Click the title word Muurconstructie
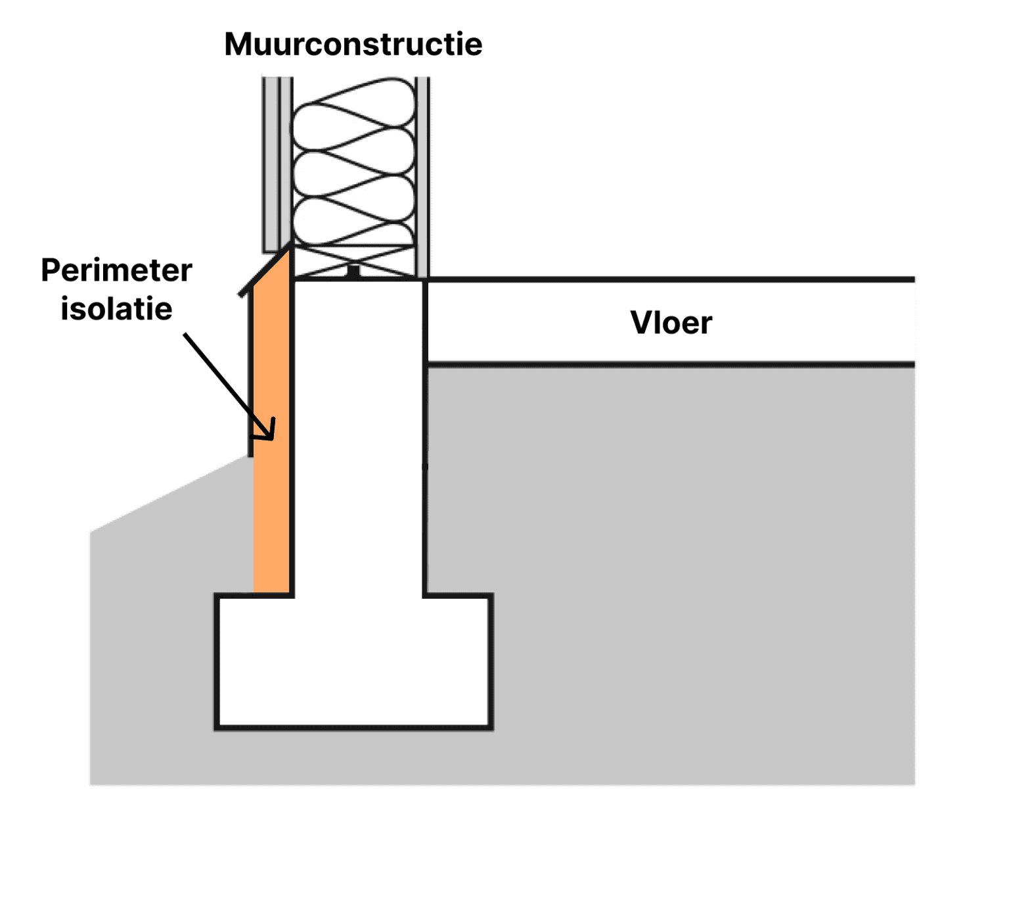pos(353,45)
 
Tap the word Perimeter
pos(116,270)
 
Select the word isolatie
pos(116,308)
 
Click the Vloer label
pos(671,323)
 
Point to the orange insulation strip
pos(271,513)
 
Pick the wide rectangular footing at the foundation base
pos(354,661)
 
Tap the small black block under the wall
pos(353,271)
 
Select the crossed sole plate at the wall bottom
pos(353,262)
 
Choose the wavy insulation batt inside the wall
pos(353,161)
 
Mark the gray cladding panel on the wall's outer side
pos(271,164)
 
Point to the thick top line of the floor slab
pos(670,279)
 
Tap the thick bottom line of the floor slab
pos(670,364)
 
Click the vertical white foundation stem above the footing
pos(359,434)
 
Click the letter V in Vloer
pos(641,323)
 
